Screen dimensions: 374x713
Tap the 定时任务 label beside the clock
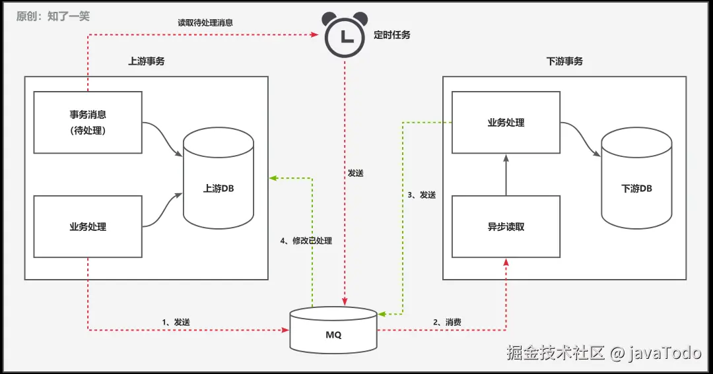pyautogui.click(x=392, y=35)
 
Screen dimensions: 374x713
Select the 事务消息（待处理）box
pyautogui.click(x=88, y=122)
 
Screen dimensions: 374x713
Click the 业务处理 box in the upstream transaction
pyautogui.click(x=88, y=226)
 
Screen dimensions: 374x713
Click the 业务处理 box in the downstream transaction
pyautogui.click(x=506, y=123)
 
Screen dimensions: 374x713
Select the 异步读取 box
pyautogui.click(x=506, y=226)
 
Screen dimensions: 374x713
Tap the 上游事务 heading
pyautogui.click(x=147, y=61)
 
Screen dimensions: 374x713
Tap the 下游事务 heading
pyautogui.click(x=564, y=61)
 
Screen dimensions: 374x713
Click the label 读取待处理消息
pyautogui.click(x=205, y=22)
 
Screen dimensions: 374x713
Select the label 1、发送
pyautogui.click(x=176, y=322)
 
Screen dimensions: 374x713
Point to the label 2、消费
pyautogui.click(x=447, y=322)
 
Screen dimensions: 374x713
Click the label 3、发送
pyautogui.click(x=421, y=195)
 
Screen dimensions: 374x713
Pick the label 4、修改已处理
pyautogui.click(x=306, y=241)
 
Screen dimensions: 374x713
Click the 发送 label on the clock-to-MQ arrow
pyautogui.click(x=355, y=173)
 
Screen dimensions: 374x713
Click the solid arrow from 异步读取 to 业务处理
pyautogui.click(x=506, y=175)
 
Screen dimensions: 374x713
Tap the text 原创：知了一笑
pyautogui.click(x=53, y=16)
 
